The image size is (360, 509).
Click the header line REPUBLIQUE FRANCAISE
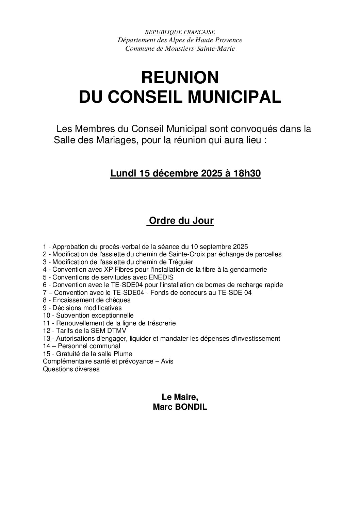[180, 32]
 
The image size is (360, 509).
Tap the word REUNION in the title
[180, 78]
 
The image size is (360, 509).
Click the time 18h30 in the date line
[247, 173]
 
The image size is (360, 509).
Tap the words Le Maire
[180, 397]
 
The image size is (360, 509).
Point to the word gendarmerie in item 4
[249, 269]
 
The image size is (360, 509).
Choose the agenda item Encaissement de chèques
[90, 300]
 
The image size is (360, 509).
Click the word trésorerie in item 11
[162, 323]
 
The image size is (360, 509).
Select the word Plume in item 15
[124, 354]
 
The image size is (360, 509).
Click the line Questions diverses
[71, 369]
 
